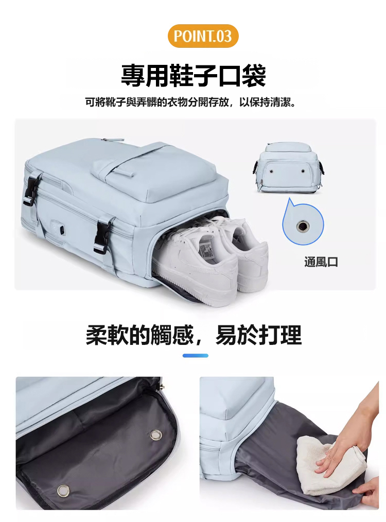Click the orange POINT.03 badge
tap(203, 36)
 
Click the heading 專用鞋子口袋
tap(194, 75)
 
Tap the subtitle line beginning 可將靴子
tap(190, 102)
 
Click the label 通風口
tap(321, 262)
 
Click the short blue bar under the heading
tap(196, 356)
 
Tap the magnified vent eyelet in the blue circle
tap(303, 227)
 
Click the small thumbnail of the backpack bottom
tap(289, 168)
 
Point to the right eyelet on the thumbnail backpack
tap(303, 171)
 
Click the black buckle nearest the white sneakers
tap(102, 234)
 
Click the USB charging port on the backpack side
tap(62, 230)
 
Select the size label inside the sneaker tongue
tap(206, 249)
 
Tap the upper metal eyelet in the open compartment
tap(155, 435)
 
